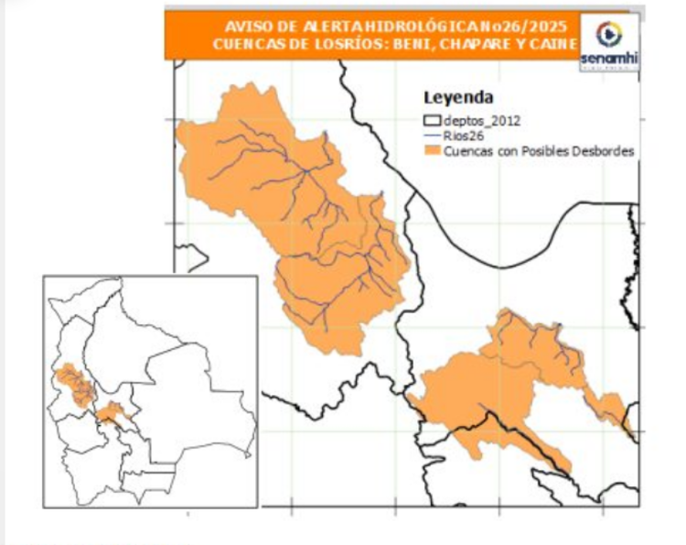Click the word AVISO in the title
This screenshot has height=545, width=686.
click(x=244, y=27)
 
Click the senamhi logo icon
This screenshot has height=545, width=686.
click(x=607, y=34)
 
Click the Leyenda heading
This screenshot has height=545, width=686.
click(x=458, y=98)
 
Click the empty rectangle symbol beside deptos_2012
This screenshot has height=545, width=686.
click(x=433, y=120)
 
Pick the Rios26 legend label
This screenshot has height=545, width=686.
click(x=463, y=136)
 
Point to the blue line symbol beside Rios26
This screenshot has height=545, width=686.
click(x=433, y=136)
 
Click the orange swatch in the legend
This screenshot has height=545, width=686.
click(x=433, y=151)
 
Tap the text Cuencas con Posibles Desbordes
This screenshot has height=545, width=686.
click(x=539, y=151)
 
